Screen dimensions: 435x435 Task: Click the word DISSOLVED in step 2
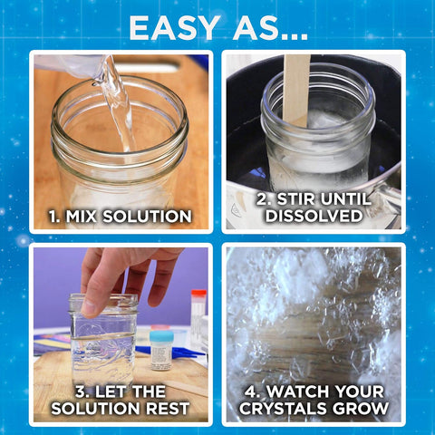pyautogui.click(x=314, y=217)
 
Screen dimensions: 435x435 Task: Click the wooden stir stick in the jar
pyautogui.click(x=296, y=86)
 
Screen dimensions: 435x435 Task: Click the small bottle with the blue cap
pyautogui.click(x=161, y=349)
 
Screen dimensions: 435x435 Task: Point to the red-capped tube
pyautogui.click(x=198, y=313)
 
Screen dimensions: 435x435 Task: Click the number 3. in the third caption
pyautogui.click(x=84, y=391)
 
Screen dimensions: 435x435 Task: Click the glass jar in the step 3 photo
pyautogui.click(x=102, y=340)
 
